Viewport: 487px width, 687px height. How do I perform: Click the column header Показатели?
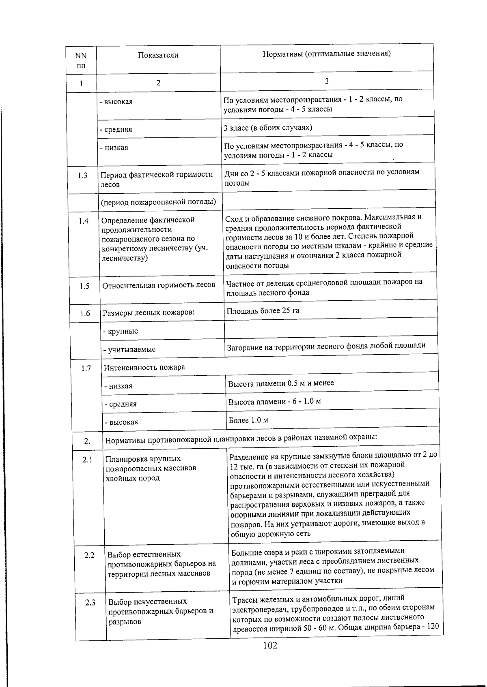click(x=158, y=56)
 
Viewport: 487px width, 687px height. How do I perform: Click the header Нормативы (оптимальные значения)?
click(x=327, y=54)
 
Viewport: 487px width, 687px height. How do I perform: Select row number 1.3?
click(x=83, y=175)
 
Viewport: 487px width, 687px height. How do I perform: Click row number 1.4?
click(x=84, y=221)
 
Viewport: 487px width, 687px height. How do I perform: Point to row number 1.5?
click(x=84, y=286)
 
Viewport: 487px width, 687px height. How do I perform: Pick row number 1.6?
click(x=85, y=313)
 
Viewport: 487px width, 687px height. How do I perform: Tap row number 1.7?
click(x=86, y=368)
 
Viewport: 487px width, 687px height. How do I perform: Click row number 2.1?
click(x=88, y=460)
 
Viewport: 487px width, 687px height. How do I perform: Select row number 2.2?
click(x=89, y=555)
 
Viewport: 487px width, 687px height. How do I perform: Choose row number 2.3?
click(x=90, y=603)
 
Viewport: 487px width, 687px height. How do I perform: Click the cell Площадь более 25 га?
click(x=263, y=311)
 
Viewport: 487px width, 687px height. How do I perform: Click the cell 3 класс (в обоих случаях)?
click(x=268, y=128)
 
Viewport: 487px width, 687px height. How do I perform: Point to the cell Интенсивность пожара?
click(x=144, y=368)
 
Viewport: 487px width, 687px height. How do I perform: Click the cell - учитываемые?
click(x=129, y=349)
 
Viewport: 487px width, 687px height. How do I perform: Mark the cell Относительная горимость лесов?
click(x=159, y=285)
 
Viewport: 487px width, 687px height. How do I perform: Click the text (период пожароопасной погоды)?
click(x=158, y=202)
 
